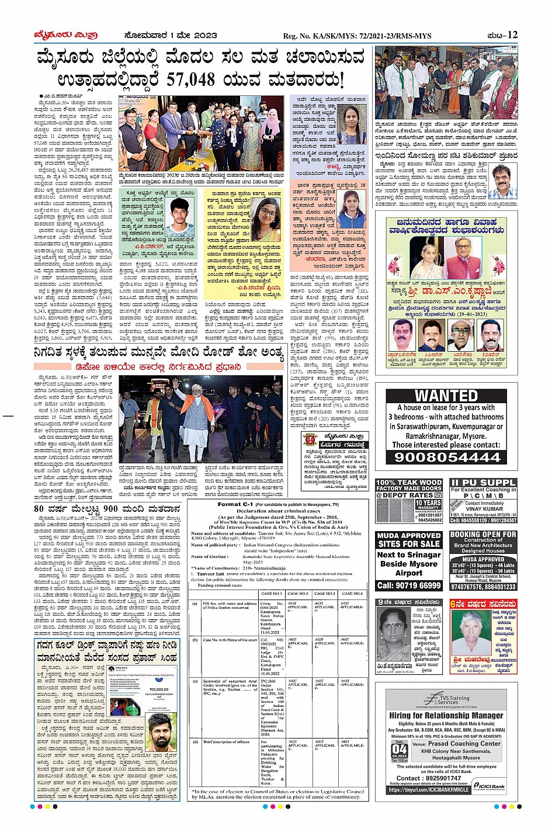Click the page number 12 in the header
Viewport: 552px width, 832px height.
[x=512, y=34]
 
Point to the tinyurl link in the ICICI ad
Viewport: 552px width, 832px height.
[x=429, y=789]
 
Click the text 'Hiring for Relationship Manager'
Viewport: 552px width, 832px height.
[x=446, y=715]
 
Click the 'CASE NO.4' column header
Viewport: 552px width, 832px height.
[x=352, y=594]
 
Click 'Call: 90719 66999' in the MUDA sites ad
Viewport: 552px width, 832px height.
[x=409, y=585]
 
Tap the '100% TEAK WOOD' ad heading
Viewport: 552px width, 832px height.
[x=409, y=483]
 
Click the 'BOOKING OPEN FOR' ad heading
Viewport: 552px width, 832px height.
[x=483, y=534]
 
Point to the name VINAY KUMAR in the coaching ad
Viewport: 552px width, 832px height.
[x=484, y=508]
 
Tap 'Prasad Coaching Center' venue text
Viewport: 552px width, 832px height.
[x=464, y=744]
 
